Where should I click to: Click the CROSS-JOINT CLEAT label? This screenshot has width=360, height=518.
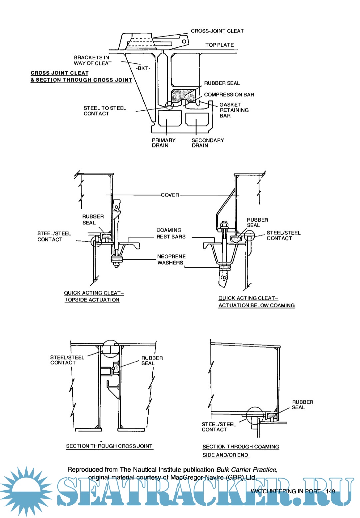point(217,31)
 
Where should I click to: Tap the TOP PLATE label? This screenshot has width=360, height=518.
point(219,45)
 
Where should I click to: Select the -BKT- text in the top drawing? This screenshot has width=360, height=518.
point(143,68)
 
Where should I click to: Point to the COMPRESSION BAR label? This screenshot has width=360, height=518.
point(229,95)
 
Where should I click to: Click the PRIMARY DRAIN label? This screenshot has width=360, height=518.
point(163,143)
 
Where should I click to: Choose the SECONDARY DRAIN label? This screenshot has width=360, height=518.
point(207,143)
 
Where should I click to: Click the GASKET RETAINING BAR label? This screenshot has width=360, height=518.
point(234,110)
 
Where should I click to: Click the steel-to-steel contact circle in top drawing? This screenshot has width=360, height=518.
point(169,105)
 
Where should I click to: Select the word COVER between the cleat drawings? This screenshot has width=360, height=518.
point(170,195)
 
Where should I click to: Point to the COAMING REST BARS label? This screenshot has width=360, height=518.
point(171,233)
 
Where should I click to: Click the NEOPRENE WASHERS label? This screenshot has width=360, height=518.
point(171,260)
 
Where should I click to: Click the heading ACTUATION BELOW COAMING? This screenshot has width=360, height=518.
point(256,305)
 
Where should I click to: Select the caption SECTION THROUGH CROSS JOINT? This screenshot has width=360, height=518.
point(109,446)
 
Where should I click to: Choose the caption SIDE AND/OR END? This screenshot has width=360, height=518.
point(225,455)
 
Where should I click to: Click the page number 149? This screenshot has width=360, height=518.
point(330,491)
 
